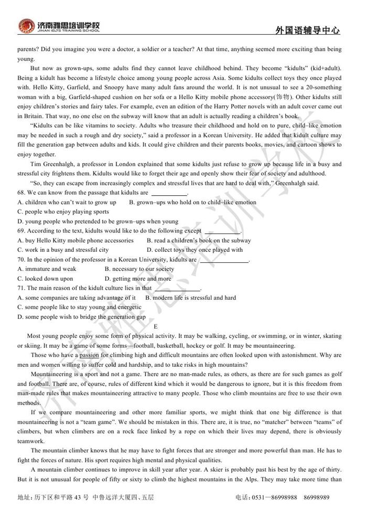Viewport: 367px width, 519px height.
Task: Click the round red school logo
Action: click(26, 26)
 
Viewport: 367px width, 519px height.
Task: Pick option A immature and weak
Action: click(47, 269)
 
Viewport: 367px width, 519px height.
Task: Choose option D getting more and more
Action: click(138, 279)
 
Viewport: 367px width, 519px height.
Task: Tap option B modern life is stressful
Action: click(191, 298)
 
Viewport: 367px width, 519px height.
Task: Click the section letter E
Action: click(156, 326)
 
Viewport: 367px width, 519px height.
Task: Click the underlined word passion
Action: click(89, 355)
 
